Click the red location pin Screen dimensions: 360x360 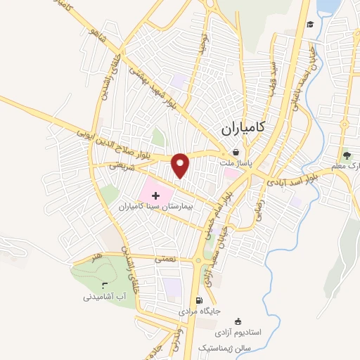pyautogui.click(x=181, y=165)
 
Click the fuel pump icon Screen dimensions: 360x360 pyautogui.click(x=206, y=300)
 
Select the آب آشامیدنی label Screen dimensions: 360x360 pyautogui.click(x=106, y=297)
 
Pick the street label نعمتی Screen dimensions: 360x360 pyautogui.click(x=167, y=259)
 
